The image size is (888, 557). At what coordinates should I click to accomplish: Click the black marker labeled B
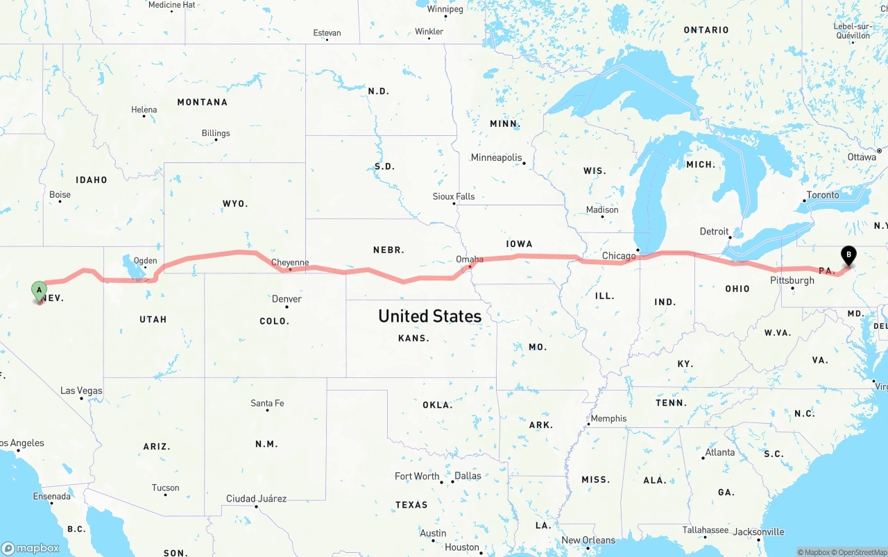click(x=848, y=255)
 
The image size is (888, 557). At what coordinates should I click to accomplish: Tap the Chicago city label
click(x=619, y=256)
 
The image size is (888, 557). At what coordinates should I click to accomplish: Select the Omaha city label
click(x=470, y=259)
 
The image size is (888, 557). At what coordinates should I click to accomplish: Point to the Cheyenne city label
click(x=290, y=262)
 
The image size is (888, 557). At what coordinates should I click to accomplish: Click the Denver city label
click(x=287, y=299)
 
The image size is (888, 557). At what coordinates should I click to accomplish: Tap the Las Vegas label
click(x=81, y=391)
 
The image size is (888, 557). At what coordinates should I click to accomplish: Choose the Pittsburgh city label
click(x=792, y=280)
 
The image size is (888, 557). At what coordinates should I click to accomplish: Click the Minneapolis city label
click(x=496, y=157)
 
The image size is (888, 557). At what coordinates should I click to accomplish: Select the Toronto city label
click(x=823, y=195)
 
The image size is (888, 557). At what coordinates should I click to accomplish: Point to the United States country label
click(x=429, y=316)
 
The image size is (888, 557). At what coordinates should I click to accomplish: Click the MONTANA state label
click(x=202, y=102)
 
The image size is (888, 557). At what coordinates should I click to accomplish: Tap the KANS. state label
click(x=413, y=339)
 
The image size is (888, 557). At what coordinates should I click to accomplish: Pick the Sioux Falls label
click(x=454, y=196)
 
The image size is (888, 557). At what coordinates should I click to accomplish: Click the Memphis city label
click(x=608, y=418)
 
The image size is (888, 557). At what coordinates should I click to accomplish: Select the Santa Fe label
click(x=267, y=403)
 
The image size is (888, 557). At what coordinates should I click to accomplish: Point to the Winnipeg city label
click(x=445, y=9)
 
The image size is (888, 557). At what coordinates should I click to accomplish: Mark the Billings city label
click(x=216, y=133)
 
